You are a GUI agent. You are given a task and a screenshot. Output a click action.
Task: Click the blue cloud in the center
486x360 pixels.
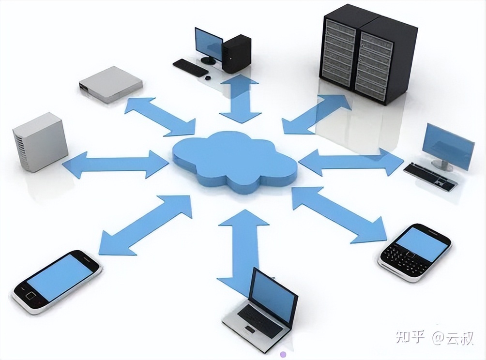235,160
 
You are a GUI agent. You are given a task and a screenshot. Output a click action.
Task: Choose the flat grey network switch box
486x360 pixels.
111,84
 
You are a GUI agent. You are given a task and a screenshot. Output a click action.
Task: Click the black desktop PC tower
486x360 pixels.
237,53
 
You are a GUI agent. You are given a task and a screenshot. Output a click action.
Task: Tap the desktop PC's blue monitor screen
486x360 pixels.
208,44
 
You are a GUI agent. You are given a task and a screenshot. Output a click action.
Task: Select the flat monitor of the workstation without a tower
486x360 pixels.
448,146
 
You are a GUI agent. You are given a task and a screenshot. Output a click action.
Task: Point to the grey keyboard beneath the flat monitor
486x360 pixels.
430,176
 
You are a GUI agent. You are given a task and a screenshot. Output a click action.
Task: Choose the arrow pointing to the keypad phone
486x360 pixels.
339,213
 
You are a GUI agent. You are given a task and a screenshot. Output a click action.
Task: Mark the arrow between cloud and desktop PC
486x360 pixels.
240,99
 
